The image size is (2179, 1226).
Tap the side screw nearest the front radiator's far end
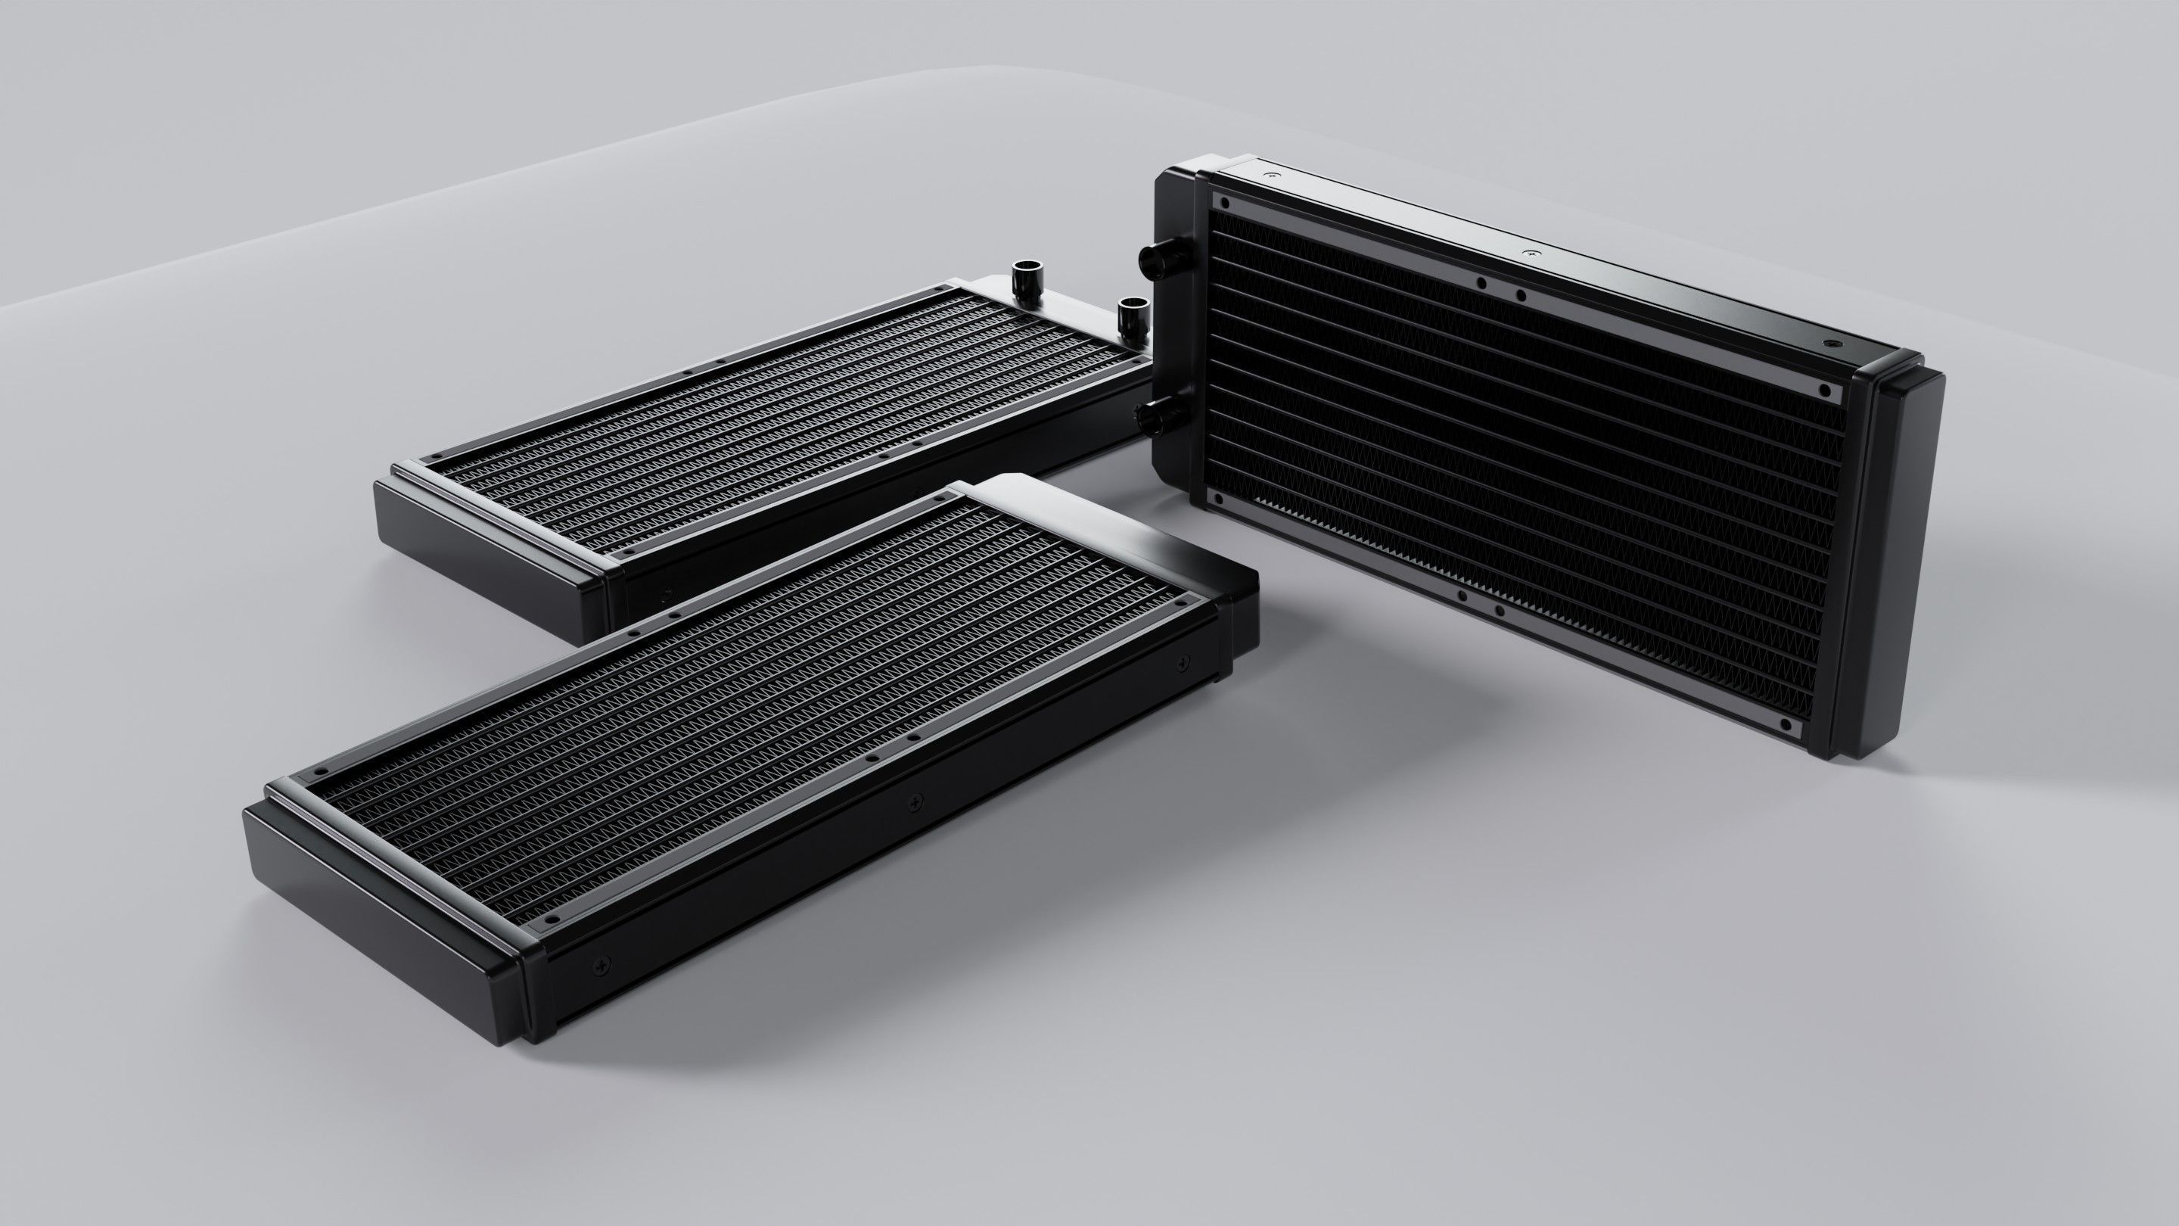(1183, 661)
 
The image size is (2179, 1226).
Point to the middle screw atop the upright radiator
(1528, 253)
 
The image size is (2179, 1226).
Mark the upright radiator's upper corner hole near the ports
(1223, 202)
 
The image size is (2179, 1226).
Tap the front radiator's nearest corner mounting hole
(552, 918)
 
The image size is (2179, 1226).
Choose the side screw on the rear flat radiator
(665, 593)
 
